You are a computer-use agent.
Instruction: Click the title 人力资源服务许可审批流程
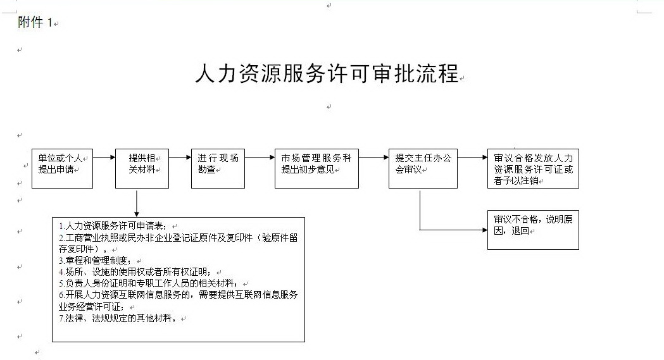pyautogui.click(x=327, y=73)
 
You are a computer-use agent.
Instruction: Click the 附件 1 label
pyautogui.click(x=35, y=22)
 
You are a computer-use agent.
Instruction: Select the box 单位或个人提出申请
pyautogui.click(x=62, y=168)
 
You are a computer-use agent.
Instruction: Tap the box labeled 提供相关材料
pyautogui.click(x=142, y=168)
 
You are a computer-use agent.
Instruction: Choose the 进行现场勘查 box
pyautogui.click(x=218, y=168)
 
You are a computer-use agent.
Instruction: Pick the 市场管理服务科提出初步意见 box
pyautogui.click(x=316, y=168)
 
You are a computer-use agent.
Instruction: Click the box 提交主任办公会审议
pyautogui.click(x=423, y=168)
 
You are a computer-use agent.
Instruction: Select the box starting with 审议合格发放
pyautogui.click(x=533, y=168)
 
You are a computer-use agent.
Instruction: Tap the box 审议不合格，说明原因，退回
pyautogui.click(x=533, y=230)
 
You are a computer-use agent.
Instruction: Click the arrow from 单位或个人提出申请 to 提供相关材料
pyautogui.click(x=104, y=158)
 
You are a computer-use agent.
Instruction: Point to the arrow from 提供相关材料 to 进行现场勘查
pyautogui.click(x=180, y=158)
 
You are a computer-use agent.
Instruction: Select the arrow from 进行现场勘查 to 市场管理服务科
pyautogui.click(x=260, y=158)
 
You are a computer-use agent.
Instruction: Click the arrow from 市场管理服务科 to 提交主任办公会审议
pyautogui.click(x=373, y=158)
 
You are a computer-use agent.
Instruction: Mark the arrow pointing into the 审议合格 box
pyautogui.click(x=472, y=158)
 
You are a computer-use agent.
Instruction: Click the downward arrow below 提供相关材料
pyautogui.click(x=136, y=204)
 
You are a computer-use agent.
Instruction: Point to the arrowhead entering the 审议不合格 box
pyautogui.click(x=484, y=230)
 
